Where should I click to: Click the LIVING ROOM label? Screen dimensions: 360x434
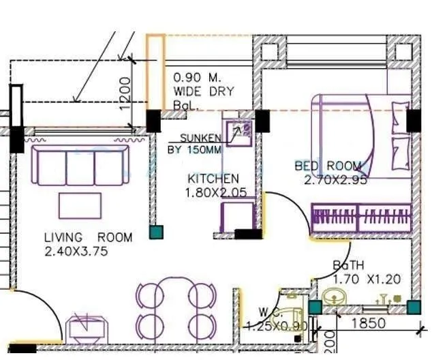pyautogui.click(x=88, y=237)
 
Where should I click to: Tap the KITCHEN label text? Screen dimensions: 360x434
pyautogui.click(x=213, y=179)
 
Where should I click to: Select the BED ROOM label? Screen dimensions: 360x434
pyautogui.click(x=328, y=166)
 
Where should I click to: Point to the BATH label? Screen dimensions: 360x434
pyautogui.click(x=347, y=265)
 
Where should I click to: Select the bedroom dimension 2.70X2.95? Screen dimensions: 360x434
pyautogui.click(x=335, y=180)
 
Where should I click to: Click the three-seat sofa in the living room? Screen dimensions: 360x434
pyautogui.click(x=80, y=166)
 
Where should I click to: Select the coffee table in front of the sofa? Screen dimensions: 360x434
pyautogui.click(x=80, y=205)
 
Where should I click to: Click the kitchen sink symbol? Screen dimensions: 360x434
pyautogui.click(x=239, y=132)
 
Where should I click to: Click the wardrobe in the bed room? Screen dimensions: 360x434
pyautogui.click(x=361, y=219)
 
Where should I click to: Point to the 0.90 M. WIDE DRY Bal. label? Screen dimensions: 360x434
pyautogui.click(x=203, y=91)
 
